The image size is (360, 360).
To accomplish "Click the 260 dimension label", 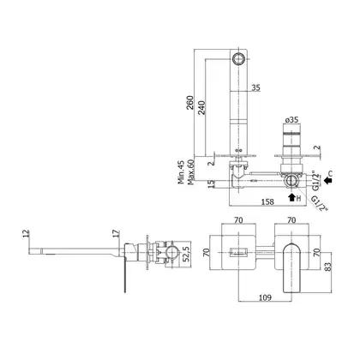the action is click(x=189, y=102).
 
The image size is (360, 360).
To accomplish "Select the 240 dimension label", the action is click(x=201, y=108).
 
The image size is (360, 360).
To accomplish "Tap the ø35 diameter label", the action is click(x=291, y=119).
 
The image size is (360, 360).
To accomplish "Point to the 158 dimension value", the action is click(x=267, y=201).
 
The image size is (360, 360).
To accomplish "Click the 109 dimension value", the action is click(x=265, y=297).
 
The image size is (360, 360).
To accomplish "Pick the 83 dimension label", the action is click(x=328, y=267).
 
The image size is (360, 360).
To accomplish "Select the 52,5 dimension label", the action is click(x=186, y=255).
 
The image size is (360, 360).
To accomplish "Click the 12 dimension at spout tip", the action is click(x=26, y=233).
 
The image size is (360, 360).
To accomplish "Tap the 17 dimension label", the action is click(x=116, y=233).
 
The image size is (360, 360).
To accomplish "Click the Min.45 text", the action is click(x=181, y=172).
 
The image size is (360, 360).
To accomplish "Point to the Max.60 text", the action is click(x=190, y=172).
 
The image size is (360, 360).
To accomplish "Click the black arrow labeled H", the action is click(x=291, y=197).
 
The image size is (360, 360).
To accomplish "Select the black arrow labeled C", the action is click(x=328, y=180).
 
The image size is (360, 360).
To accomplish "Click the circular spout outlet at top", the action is click(x=238, y=58).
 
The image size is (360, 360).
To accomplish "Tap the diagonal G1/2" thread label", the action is click(x=319, y=203).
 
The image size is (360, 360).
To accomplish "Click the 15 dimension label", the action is click(x=211, y=184).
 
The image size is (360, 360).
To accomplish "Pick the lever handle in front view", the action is click(x=291, y=267).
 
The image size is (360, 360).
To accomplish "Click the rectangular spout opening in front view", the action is click(x=238, y=253).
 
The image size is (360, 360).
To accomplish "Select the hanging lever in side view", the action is click(x=124, y=275).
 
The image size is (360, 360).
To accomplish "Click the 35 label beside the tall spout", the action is click(x=255, y=87).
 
